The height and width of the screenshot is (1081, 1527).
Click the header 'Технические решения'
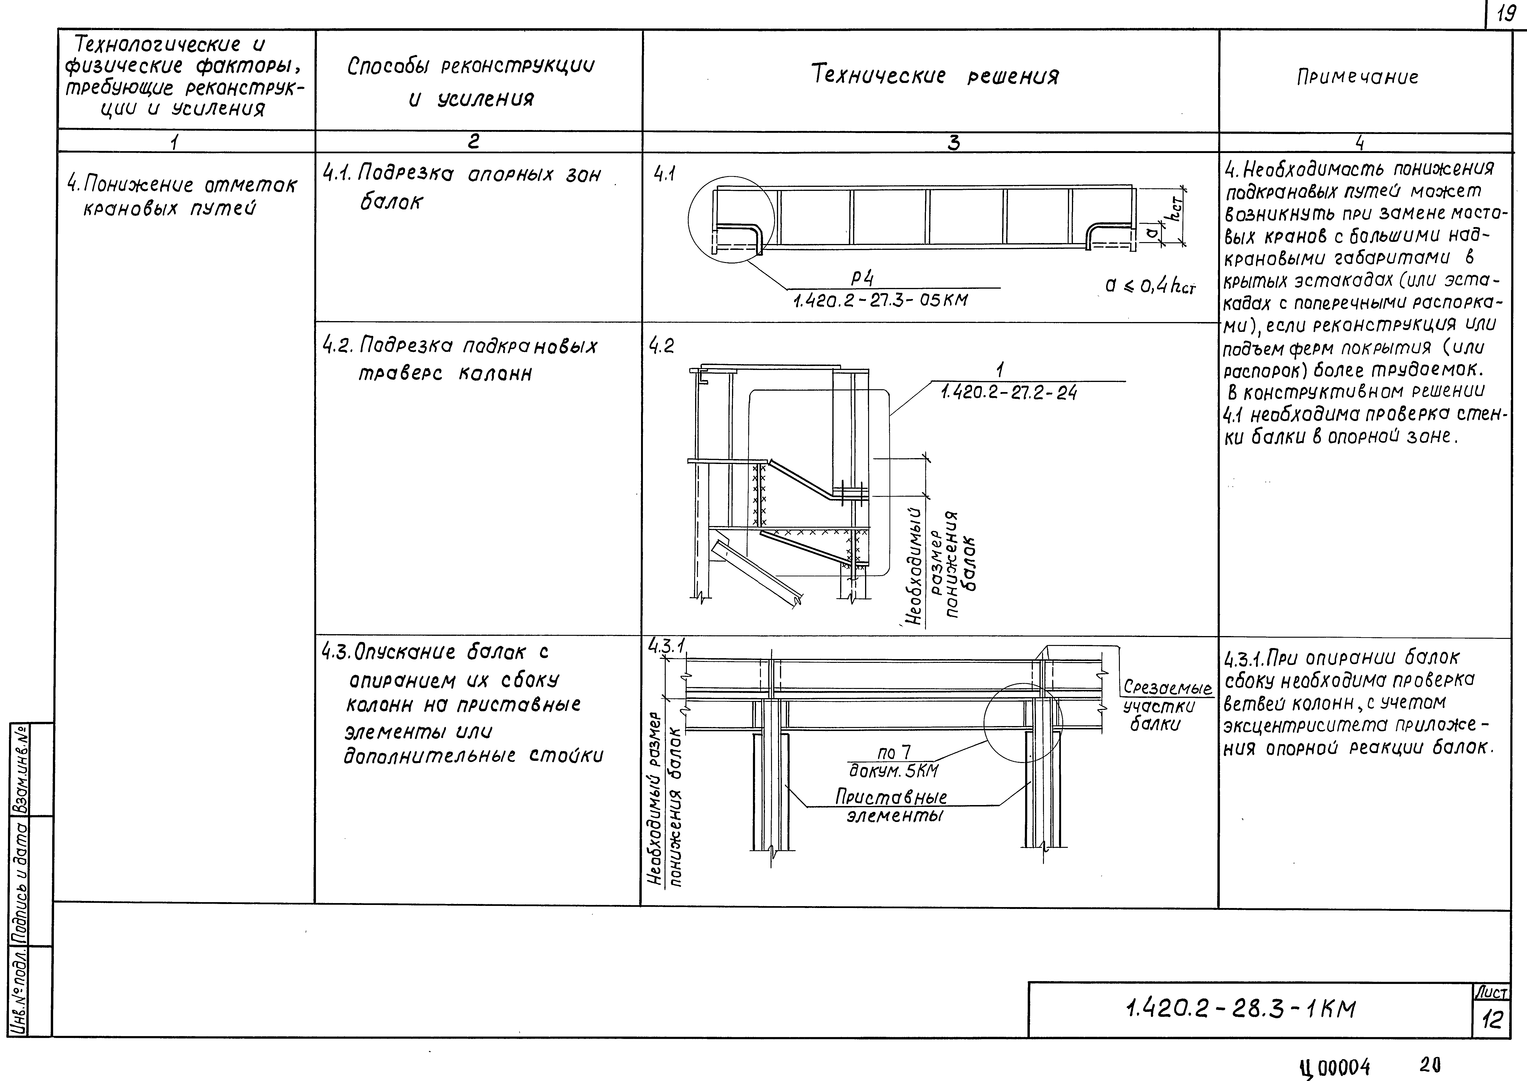tap(935, 76)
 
